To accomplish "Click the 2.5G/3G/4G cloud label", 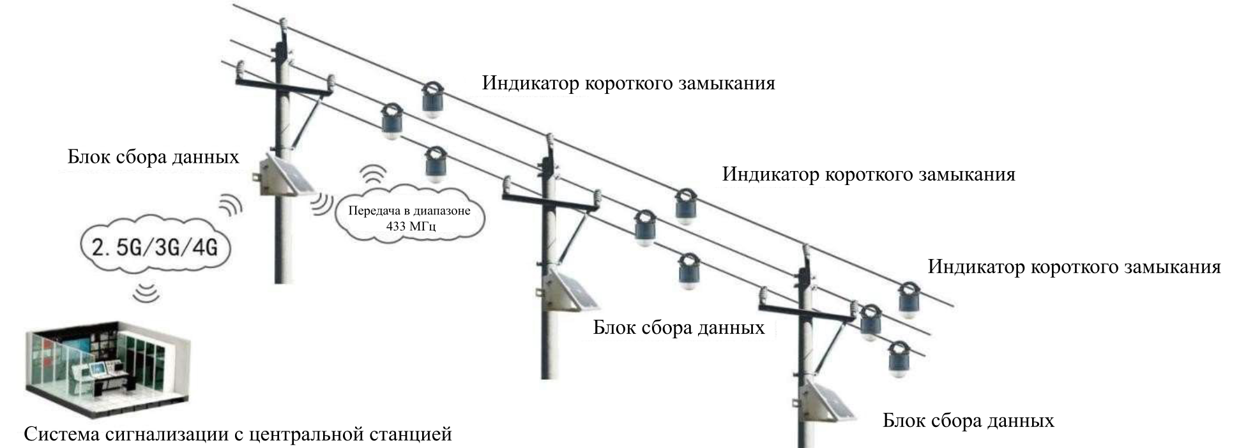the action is pyautogui.click(x=155, y=246).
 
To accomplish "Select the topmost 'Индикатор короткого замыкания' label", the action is pyautogui.click(x=628, y=83).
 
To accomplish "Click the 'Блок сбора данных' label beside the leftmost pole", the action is pyautogui.click(x=153, y=157).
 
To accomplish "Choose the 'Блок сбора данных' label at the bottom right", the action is pyautogui.click(x=968, y=421).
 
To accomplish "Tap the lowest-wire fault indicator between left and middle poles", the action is pyautogui.click(x=436, y=165).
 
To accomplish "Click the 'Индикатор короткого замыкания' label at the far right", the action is pyautogui.click(x=1074, y=267).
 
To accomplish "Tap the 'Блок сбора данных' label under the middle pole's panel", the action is pyautogui.click(x=679, y=328).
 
